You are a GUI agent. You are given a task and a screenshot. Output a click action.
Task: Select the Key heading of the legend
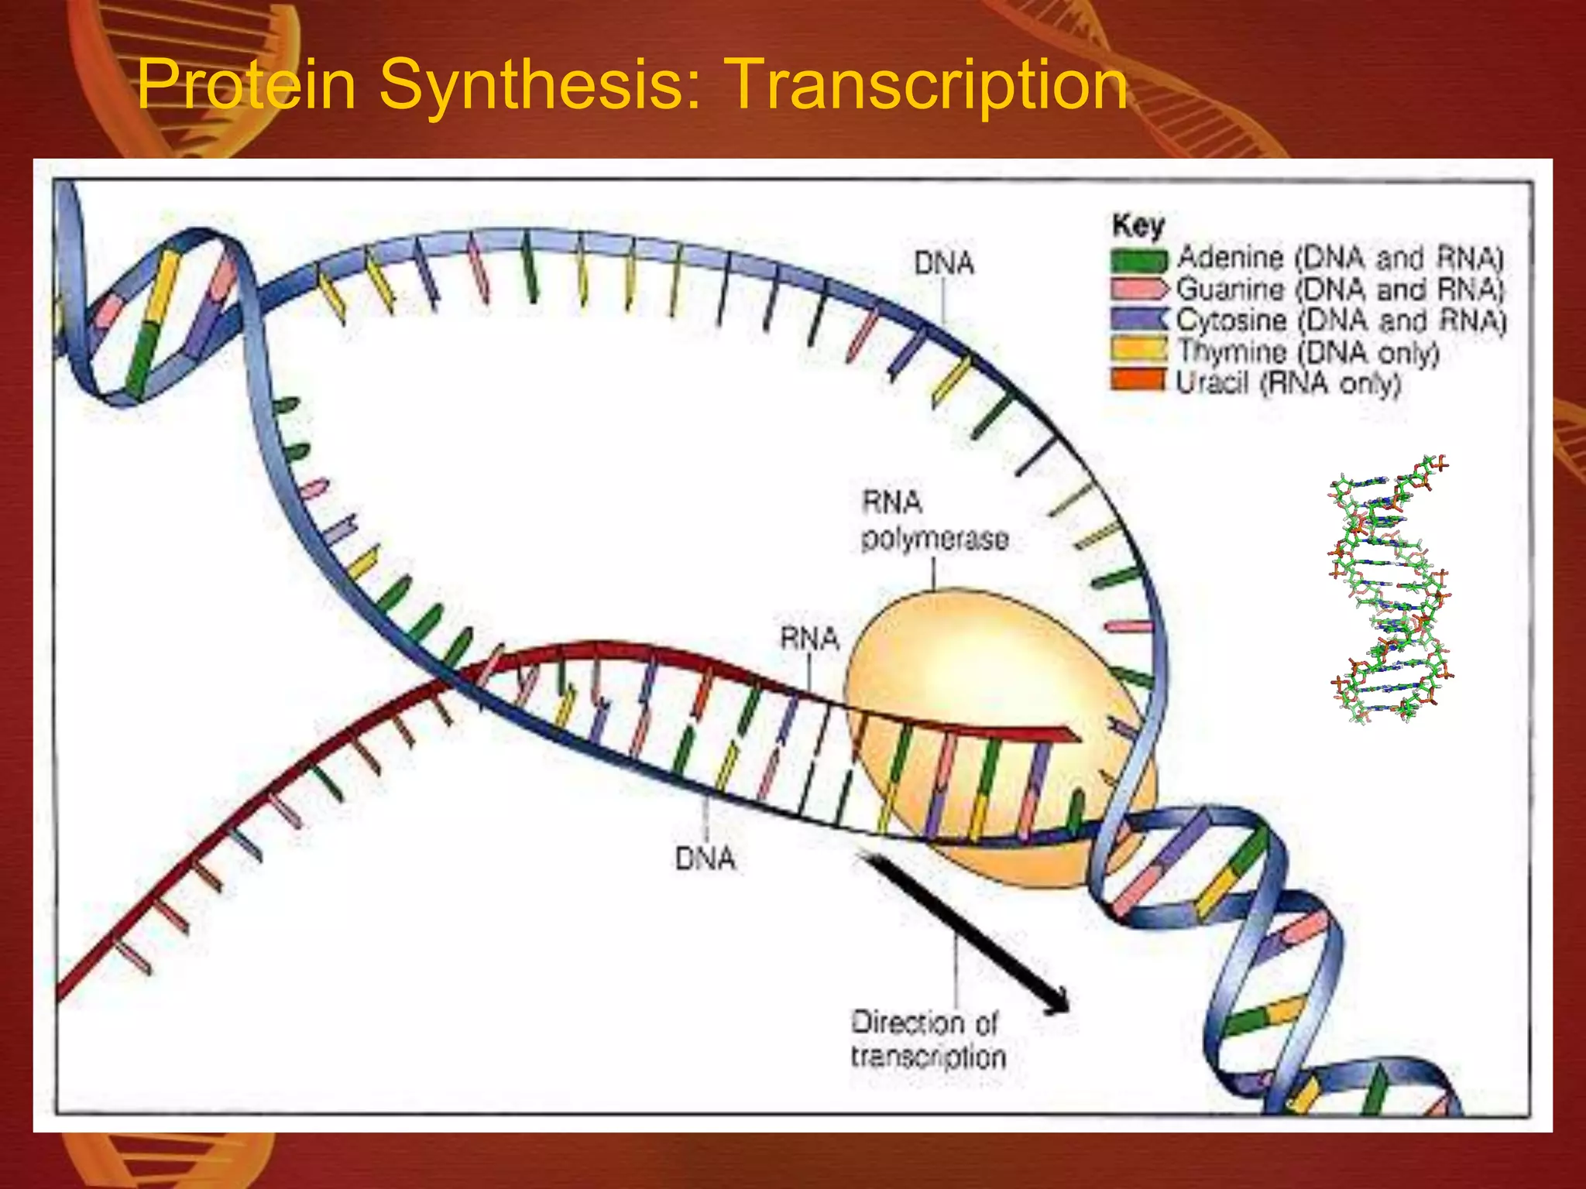(1138, 225)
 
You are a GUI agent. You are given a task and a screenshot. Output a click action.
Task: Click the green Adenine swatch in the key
(1138, 259)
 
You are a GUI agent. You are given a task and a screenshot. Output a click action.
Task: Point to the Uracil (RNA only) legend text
(1289, 383)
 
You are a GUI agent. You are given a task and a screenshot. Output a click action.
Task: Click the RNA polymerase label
(934, 521)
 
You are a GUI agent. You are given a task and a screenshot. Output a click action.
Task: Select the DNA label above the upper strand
(943, 264)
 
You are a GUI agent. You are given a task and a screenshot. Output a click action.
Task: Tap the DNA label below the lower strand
(705, 858)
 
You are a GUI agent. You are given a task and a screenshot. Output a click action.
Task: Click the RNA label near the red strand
(809, 639)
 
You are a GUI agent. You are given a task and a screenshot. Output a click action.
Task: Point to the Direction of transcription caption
(928, 1040)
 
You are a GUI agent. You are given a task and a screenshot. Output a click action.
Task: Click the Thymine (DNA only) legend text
(1308, 352)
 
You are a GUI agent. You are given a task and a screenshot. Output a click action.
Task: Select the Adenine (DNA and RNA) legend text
(1340, 258)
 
